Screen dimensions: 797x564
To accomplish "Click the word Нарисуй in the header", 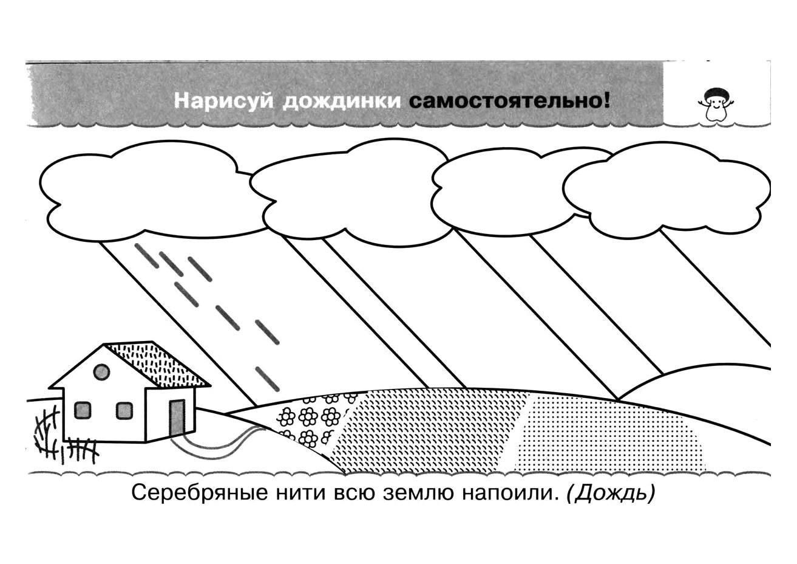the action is pyautogui.click(x=224, y=101).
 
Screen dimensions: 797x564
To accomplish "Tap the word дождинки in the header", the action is pyautogui.click(x=342, y=101).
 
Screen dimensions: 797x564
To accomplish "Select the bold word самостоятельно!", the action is pyautogui.click(x=509, y=101).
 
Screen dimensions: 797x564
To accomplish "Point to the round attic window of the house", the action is pyautogui.click(x=101, y=372).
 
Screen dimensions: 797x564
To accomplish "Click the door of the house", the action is pyautogui.click(x=177, y=418).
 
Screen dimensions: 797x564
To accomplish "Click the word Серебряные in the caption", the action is pyautogui.click(x=200, y=493).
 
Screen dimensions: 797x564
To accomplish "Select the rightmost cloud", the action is pyautogui.click(x=666, y=189).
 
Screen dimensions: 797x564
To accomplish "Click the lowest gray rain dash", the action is pyautogui.click(x=268, y=379).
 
